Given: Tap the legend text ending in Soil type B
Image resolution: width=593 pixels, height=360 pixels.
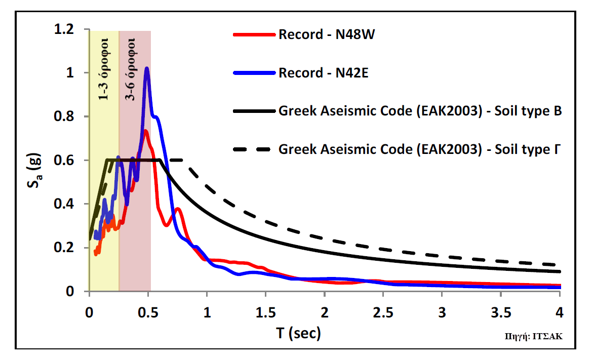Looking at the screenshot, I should [x=420, y=111].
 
